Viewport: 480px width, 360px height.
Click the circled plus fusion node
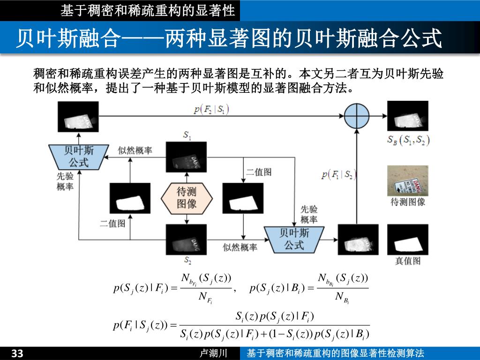click(357, 115)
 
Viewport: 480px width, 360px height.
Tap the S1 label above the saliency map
click(187, 136)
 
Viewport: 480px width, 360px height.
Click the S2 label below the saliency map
click(187, 260)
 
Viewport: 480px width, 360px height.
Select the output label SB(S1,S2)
click(408, 140)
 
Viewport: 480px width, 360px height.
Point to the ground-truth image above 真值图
click(407, 239)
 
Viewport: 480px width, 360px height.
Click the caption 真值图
click(407, 261)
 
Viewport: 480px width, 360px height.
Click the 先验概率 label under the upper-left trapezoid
click(65, 181)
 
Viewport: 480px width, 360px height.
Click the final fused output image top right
click(407, 116)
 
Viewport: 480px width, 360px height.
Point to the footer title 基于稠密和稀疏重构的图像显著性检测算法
click(335, 353)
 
